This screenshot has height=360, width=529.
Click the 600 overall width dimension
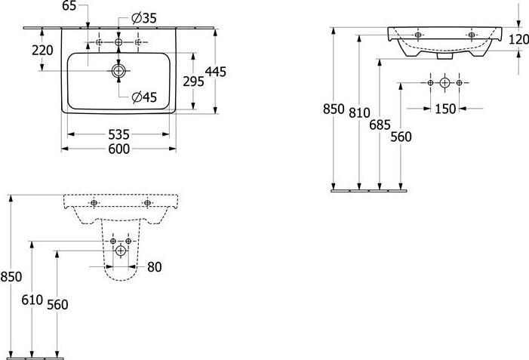coord(118,149)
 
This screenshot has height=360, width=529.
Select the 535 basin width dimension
coord(118,134)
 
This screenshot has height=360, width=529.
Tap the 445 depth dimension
coord(216,72)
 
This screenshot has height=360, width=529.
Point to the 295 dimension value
coord(194,82)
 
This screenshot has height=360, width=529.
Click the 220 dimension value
coord(42,51)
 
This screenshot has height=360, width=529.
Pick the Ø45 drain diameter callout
coord(144,97)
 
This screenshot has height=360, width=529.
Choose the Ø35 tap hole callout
coord(144,18)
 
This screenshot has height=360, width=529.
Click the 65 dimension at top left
coord(69,6)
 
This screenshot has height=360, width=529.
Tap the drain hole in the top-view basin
coord(118,71)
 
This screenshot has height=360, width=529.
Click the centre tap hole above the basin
coord(118,42)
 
